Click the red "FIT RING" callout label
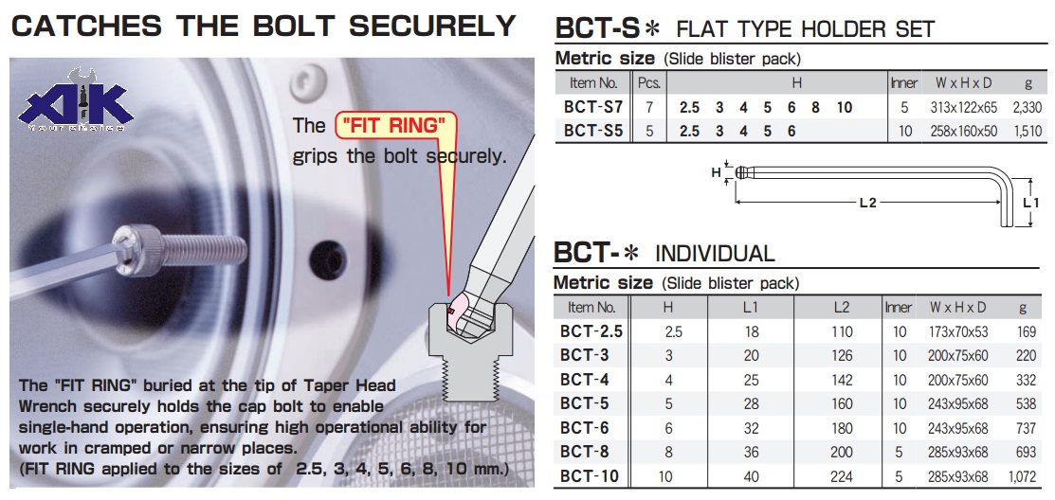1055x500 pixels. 396,125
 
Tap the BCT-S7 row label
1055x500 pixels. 593,107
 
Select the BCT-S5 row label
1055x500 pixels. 593,131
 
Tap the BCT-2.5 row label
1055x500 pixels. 591,330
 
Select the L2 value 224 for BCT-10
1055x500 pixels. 841,476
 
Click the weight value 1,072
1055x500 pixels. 1024,476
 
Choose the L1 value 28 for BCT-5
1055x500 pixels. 751,403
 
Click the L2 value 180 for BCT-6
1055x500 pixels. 841,428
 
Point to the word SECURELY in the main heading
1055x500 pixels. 432,26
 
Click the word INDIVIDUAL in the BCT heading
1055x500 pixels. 715,254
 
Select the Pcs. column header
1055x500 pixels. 649,83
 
